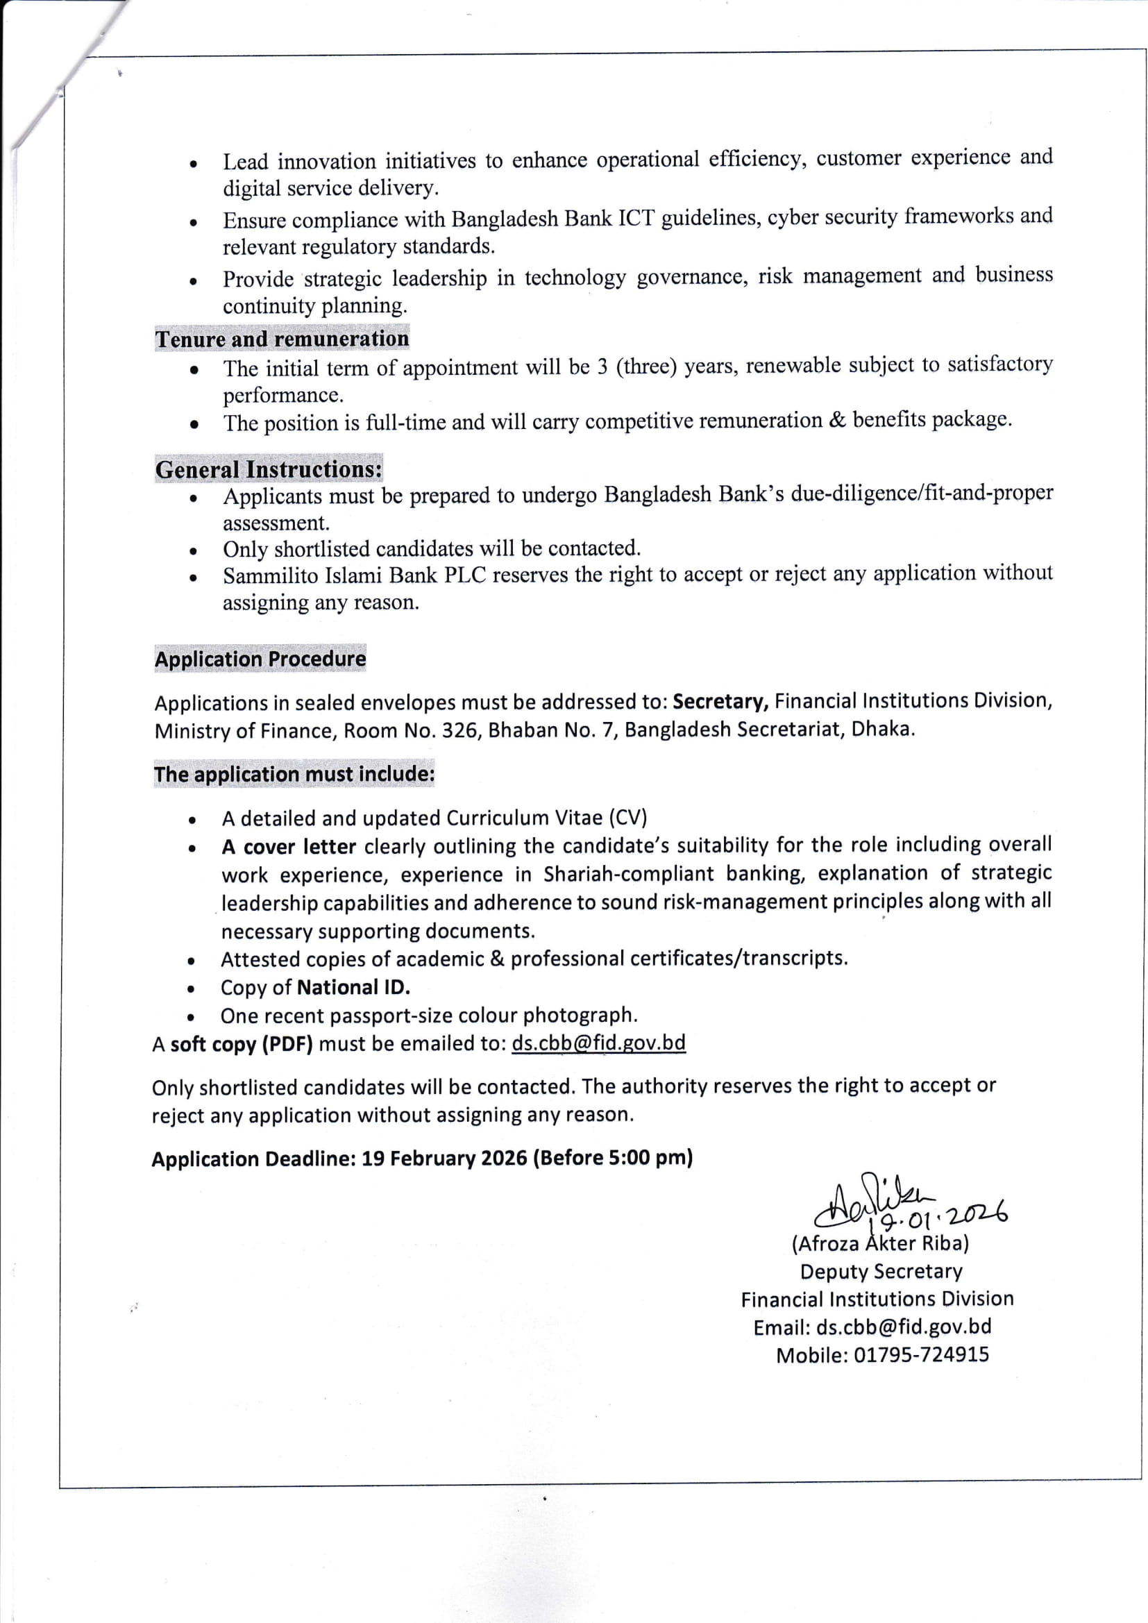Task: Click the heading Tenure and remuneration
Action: pos(282,339)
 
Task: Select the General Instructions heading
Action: pos(269,469)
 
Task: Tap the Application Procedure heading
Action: pos(260,659)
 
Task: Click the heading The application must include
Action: pos(294,774)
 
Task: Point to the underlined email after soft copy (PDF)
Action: pos(598,1043)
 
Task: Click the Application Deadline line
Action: pos(422,1159)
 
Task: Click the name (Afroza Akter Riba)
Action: pos(880,1243)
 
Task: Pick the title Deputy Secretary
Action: pos(881,1272)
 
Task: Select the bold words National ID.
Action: pos(354,988)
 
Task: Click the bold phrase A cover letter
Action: pos(289,847)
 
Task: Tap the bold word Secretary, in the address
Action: pos(720,701)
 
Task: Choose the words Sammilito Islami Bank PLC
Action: pos(355,575)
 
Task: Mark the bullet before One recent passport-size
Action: pos(191,1018)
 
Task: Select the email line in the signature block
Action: pos(872,1327)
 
